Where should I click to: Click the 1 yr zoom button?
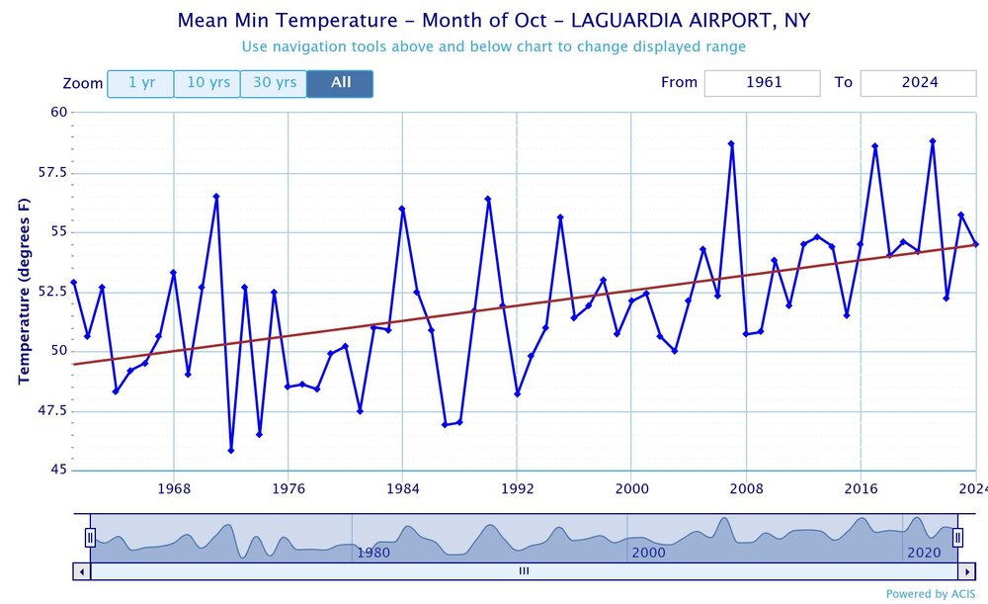click(x=140, y=83)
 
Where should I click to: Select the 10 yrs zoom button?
click(x=207, y=83)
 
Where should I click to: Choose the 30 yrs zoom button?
click(x=274, y=83)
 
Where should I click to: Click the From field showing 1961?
click(x=762, y=83)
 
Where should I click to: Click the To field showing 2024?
click(x=919, y=83)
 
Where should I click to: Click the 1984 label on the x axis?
click(x=402, y=488)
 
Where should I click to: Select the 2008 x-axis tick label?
click(x=746, y=488)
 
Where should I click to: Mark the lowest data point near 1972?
click(x=231, y=450)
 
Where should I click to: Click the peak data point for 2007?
click(x=731, y=143)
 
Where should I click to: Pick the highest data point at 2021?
click(x=933, y=141)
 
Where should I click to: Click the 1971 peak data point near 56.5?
click(x=216, y=197)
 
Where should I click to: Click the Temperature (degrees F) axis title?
click(x=24, y=291)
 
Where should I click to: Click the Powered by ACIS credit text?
click(x=931, y=594)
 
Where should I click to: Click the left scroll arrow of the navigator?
click(x=81, y=570)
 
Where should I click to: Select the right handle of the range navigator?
click(x=957, y=537)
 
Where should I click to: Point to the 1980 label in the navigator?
click(x=372, y=553)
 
